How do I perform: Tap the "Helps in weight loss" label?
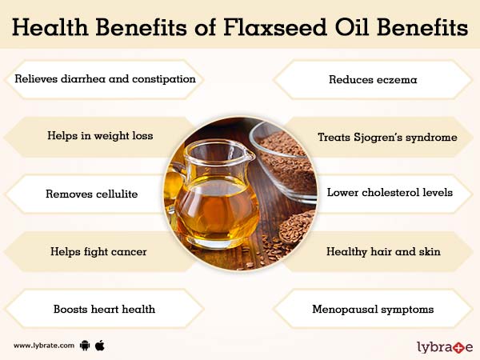coord(99,136)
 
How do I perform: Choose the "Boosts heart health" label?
coord(104,308)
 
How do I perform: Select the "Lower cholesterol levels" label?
coord(390,193)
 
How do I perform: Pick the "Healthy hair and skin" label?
coord(383,251)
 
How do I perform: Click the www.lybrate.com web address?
coord(44,346)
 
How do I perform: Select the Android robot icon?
coord(86,346)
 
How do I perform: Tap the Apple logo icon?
coord(101,345)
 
